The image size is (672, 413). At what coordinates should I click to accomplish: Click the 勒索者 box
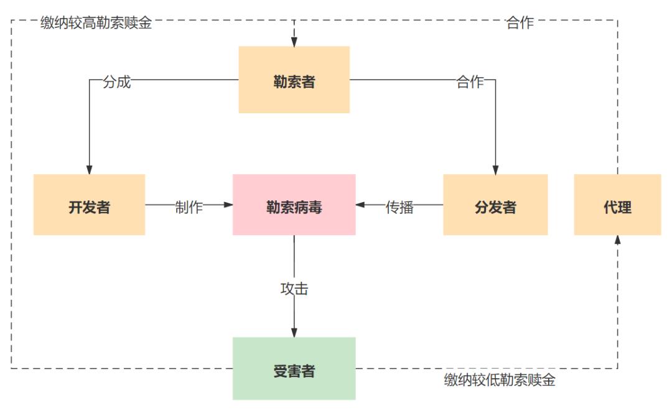(x=294, y=80)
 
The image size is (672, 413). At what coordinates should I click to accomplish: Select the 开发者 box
(x=89, y=205)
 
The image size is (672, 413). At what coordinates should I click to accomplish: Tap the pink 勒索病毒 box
(x=294, y=205)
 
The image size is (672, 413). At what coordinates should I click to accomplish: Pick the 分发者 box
(x=495, y=205)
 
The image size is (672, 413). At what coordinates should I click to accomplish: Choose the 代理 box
(x=617, y=205)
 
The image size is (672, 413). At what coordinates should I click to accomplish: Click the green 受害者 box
(x=294, y=369)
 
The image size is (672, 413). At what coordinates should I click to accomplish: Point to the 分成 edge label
(x=117, y=82)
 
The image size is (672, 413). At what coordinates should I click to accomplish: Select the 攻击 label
(x=294, y=289)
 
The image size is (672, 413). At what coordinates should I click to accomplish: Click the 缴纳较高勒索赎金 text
(x=96, y=24)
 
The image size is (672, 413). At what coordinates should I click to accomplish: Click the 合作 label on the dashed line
(x=520, y=24)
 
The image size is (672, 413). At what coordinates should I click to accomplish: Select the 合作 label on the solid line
(x=470, y=82)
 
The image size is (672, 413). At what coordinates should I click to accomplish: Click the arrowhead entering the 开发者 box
(x=90, y=169)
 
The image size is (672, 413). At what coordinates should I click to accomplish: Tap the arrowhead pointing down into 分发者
(x=495, y=169)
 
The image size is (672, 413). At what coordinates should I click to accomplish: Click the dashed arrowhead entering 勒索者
(x=294, y=42)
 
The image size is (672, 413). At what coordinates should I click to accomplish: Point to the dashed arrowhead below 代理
(x=617, y=240)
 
